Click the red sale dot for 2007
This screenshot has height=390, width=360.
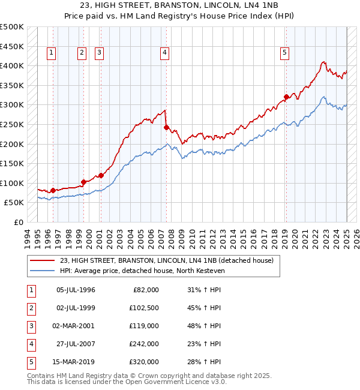(166, 127)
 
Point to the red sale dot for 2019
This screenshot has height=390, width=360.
(286, 97)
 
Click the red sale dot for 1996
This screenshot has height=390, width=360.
(53, 190)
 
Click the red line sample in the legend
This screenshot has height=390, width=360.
(43, 260)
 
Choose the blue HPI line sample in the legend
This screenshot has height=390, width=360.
(43, 271)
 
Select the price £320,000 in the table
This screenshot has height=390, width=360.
(144, 362)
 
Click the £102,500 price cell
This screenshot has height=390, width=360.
(144, 308)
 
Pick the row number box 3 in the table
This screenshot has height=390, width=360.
(30, 326)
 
